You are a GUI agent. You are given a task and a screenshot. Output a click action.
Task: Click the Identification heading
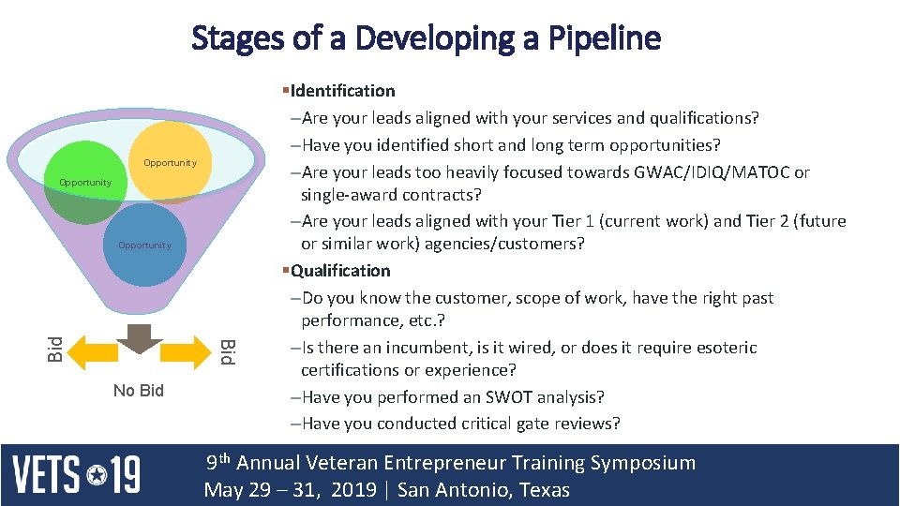(x=342, y=91)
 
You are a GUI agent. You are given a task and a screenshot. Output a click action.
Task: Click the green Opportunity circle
(x=84, y=184)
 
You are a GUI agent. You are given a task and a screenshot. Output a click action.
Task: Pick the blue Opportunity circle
(x=144, y=246)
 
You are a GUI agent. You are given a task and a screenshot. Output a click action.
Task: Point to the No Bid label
(x=138, y=391)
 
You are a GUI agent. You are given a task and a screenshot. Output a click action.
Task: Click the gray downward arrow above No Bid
(x=138, y=338)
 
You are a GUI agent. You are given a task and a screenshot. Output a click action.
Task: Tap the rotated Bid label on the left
(x=55, y=350)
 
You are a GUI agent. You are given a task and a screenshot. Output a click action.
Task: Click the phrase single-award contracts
(x=390, y=195)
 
